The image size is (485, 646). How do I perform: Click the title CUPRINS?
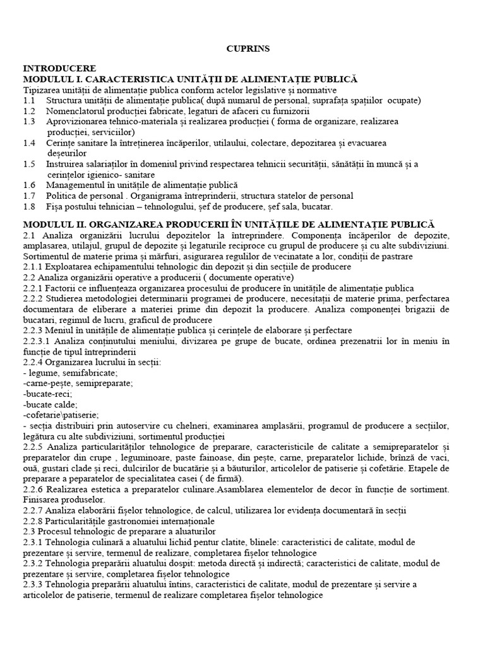(x=242, y=49)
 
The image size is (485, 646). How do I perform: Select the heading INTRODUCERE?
(x=59, y=68)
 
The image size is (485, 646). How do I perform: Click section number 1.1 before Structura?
(x=29, y=100)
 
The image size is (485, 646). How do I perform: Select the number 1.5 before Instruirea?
(x=29, y=164)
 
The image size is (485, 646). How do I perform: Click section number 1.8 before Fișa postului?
(x=29, y=206)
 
